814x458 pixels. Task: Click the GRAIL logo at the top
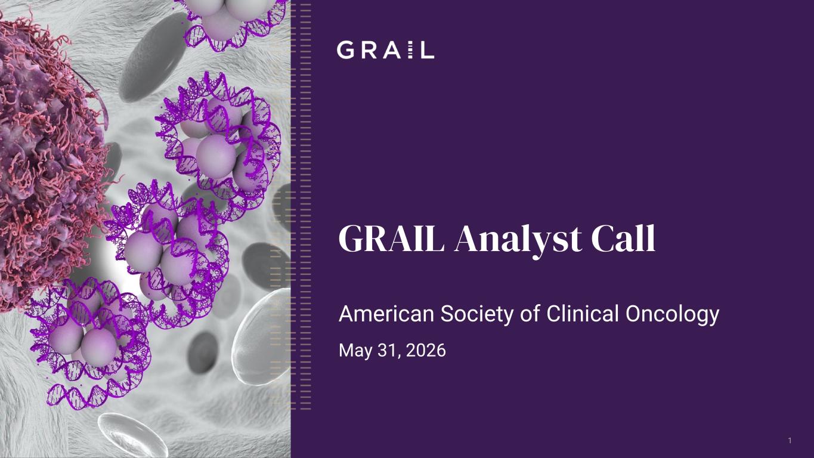(x=385, y=50)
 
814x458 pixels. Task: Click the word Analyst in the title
(x=518, y=240)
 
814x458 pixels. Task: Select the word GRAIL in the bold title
(x=391, y=239)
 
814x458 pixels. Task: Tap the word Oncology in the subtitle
(x=672, y=315)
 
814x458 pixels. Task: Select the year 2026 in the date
(x=426, y=351)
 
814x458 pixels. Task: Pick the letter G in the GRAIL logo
(x=345, y=50)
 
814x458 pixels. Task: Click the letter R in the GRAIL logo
(x=370, y=50)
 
